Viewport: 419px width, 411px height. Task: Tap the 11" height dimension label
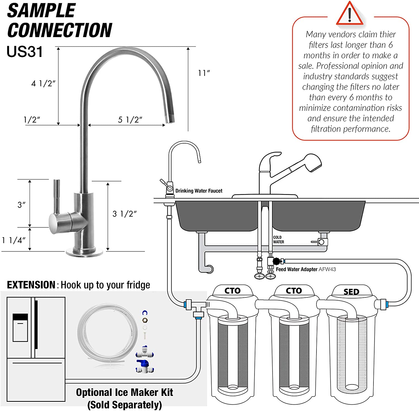[204, 73]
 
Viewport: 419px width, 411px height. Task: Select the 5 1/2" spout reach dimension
[130, 120]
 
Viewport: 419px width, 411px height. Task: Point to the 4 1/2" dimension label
[43, 83]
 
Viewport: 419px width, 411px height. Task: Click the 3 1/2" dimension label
[125, 214]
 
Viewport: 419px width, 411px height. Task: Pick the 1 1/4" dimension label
[14, 240]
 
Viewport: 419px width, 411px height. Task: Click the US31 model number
[25, 52]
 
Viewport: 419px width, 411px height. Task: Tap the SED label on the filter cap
[351, 292]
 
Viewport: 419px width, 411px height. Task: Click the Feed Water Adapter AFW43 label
[306, 269]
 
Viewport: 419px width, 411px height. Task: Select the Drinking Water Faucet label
[199, 191]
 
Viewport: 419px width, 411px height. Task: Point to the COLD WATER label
[278, 240]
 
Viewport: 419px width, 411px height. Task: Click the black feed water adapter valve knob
[276, 261]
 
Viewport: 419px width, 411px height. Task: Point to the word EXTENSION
[31, 285]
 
